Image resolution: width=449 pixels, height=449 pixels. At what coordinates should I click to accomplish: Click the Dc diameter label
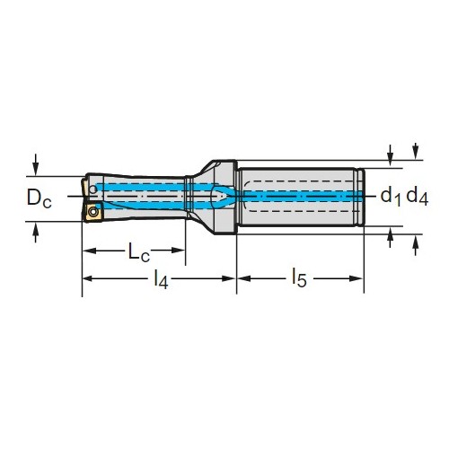coord(40,198)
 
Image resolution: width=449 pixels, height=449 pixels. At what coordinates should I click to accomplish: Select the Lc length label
coord(138,252)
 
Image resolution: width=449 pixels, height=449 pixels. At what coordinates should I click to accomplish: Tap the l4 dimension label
coord(161,279)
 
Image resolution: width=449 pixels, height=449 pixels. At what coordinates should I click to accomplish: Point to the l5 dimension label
coord(299,278)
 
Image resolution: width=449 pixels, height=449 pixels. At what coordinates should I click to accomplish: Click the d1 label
coord(391,198)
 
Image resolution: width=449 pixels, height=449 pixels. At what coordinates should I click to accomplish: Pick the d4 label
coord(418,198)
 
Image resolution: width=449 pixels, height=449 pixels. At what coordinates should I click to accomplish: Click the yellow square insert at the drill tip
coord(92,212)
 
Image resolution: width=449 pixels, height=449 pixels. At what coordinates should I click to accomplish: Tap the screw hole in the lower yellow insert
coord(93,211)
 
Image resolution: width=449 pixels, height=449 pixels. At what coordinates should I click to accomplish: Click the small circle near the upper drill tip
coord(93,189)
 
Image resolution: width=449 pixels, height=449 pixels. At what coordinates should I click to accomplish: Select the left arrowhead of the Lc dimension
coord(89,251)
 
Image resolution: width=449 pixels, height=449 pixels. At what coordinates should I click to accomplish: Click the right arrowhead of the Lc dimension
coord(179,251)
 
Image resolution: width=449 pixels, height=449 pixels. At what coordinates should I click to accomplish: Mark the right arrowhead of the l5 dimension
coord(357,278)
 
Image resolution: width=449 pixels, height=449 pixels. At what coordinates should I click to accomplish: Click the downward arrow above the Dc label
coord(36,164)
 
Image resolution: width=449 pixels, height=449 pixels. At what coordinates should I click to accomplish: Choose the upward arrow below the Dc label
coord(36,233)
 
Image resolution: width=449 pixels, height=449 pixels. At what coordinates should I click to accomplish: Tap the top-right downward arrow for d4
coord(415,152)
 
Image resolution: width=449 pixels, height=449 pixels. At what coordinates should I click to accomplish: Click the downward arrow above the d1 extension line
coord(390,155)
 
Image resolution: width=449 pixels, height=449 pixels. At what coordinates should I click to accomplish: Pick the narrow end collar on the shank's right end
coord(362,198)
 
